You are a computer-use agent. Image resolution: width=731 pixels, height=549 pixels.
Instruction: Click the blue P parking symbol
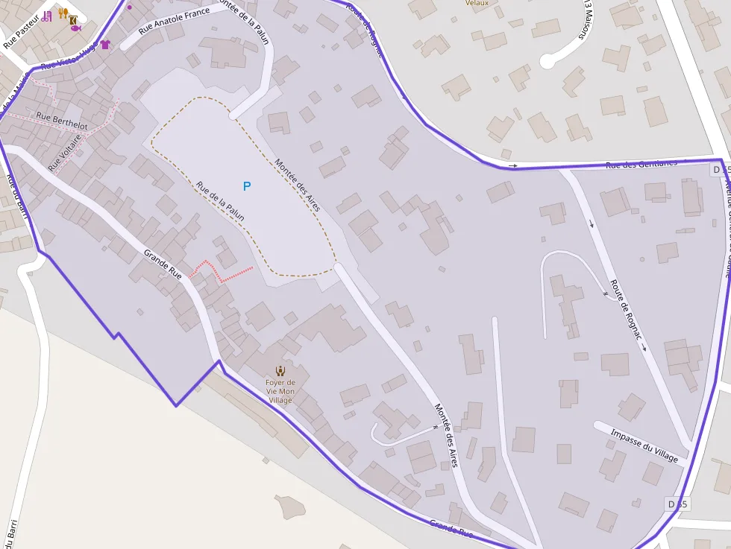[247, 185]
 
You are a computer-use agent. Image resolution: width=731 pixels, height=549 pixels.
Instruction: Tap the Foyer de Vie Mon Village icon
[280, 370]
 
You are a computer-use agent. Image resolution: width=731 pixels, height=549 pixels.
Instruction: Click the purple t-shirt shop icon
[105, 45]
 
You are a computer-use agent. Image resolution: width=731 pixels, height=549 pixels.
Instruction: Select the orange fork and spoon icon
[63, 13]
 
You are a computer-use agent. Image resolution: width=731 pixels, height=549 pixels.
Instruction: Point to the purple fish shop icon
[75, 28]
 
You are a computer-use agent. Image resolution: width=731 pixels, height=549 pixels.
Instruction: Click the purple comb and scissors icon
[47, 16]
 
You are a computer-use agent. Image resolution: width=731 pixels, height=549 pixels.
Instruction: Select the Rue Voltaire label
[64, 151]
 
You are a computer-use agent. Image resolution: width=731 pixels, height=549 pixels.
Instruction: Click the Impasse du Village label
[644, 445]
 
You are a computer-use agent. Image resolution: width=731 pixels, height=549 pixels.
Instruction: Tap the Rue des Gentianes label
[641, 163]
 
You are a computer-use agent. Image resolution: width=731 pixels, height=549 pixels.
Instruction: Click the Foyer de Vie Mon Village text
[280, 391]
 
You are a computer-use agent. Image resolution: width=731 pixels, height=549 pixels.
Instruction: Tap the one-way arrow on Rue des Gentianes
[512, 165]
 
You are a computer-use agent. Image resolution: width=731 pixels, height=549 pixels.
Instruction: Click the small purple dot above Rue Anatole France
[130, 7]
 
